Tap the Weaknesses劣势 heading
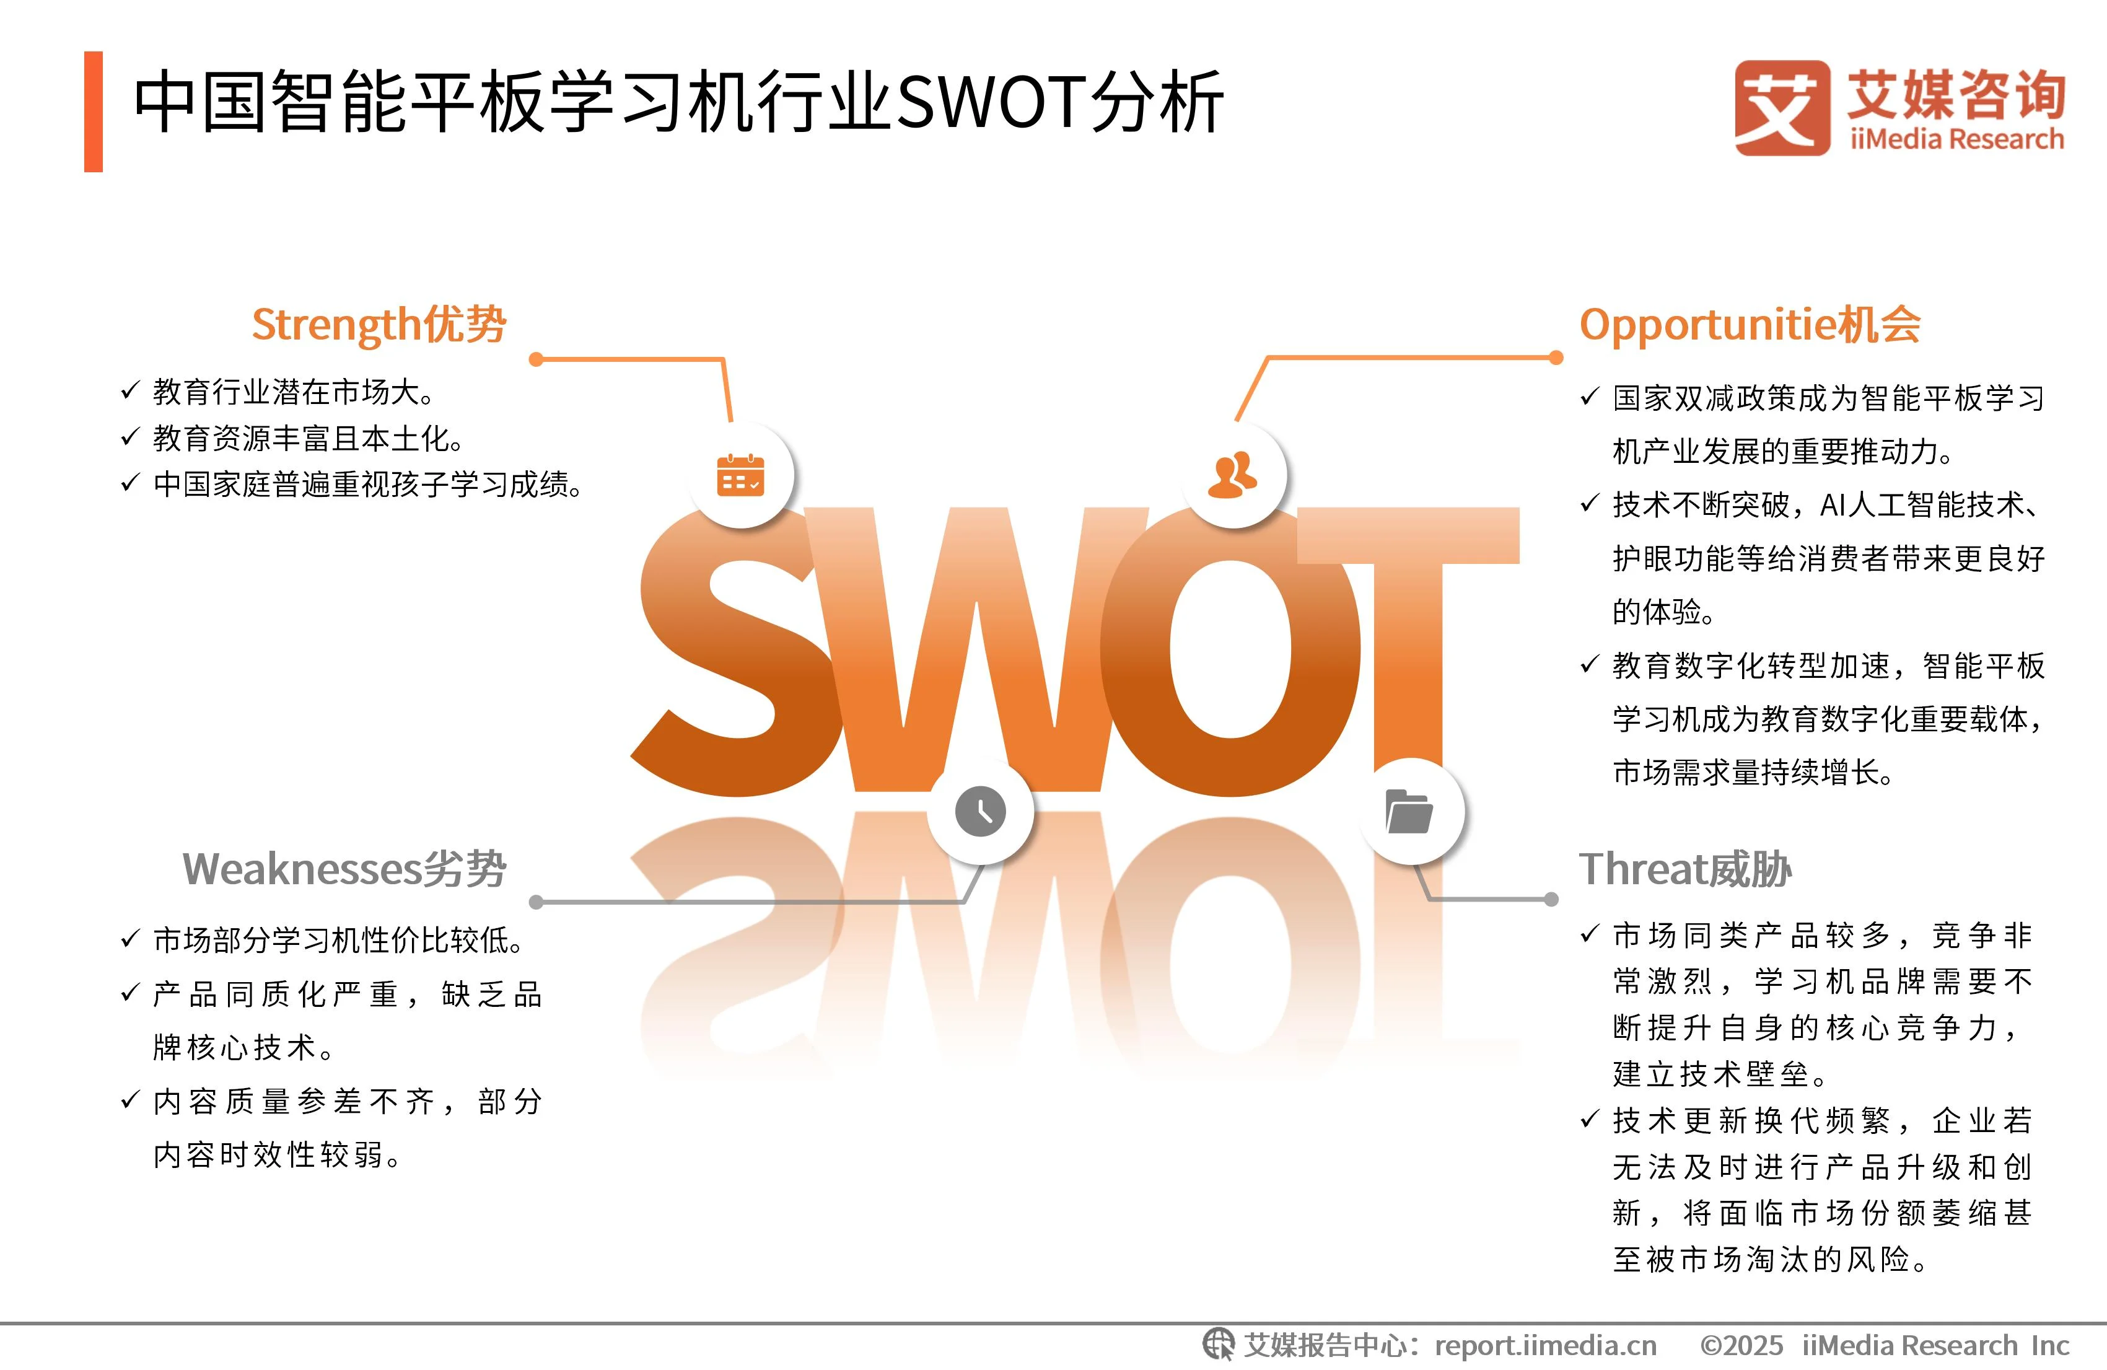click(344, 869)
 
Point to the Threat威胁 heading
click(1686, 869)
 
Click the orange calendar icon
click(740, 475)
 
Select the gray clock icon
click(980, 810)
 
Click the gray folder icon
click(1409, 810)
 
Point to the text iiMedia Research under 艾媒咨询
click(1956, 139)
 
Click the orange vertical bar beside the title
click(93, 112)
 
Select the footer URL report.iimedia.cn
click(1545, 1345)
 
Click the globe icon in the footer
click(1218, 1345)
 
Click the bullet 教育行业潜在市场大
click(293, 392)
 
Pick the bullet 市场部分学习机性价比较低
click(338, 939)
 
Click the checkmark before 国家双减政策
click(1590, 396)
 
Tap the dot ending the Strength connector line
click(536, 359)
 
